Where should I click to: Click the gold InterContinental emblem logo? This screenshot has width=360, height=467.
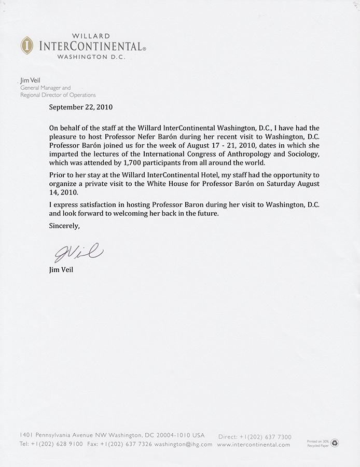(26, 46)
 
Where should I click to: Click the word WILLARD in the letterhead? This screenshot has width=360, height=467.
(91, 36)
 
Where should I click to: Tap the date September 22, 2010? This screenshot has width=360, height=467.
(80, 107)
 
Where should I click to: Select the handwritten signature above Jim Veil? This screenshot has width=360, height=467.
(78, 253)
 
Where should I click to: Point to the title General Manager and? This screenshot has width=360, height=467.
(45, 88)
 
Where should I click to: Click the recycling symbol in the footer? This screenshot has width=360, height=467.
(335, 443)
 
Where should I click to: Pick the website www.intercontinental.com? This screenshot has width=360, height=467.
(254, 445)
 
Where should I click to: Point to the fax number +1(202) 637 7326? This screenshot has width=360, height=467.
(134, 445)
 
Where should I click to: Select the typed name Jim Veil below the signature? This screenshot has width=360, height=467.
(61, 270)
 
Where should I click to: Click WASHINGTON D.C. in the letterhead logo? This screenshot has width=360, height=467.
(91, 57)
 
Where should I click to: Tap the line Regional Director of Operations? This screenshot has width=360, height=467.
(58, 95)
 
